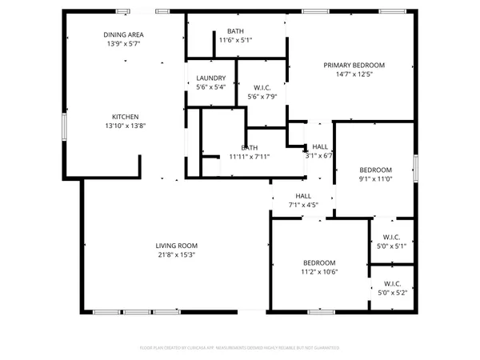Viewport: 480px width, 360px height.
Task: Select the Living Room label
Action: click(176, 246)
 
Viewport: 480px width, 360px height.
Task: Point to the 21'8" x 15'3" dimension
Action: click(176, 255)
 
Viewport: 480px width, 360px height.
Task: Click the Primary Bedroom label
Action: click(354, 65)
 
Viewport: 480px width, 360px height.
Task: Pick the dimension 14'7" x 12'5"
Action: click(354, 74)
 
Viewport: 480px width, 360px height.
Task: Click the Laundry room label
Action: click(211, 78)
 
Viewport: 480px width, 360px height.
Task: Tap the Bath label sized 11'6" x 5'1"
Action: click(235, 30)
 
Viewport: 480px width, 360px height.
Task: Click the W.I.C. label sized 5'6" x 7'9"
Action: click(262, 87)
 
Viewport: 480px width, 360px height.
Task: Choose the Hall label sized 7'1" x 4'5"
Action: click(303, 196)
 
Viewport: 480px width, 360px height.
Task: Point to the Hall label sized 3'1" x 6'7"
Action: click(320, 146)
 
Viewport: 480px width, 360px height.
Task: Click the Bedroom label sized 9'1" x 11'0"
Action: click(375, 170)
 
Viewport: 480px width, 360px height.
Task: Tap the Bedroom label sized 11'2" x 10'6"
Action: click(318, 262)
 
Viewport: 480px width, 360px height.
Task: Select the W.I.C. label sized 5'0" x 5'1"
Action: click(392, 237)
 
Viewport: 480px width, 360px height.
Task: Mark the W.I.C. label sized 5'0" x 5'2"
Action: click(392, 283)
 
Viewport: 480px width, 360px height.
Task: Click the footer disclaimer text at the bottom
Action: click(240, 348)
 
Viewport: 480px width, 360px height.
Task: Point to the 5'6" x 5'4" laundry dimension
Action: click(211, 87)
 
